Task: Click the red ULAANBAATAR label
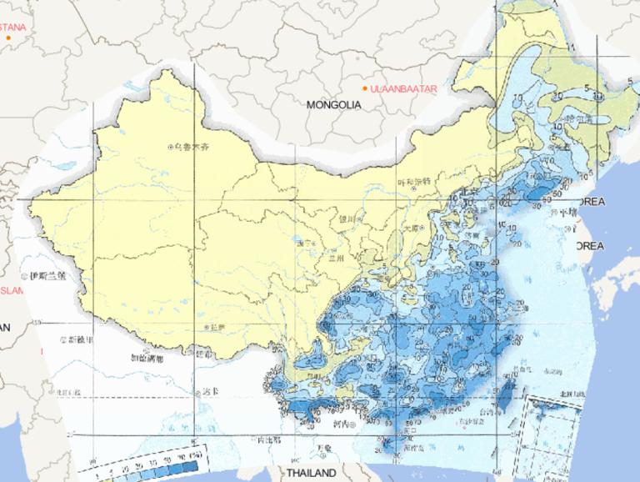(x=405, y=88)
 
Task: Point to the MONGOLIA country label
(x=333, y=105)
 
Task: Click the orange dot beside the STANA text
(x=8, y=37)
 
